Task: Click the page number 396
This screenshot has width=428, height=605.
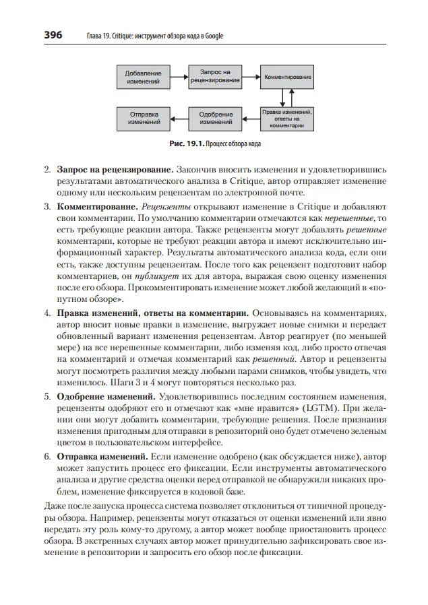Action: pyautogui.click(x=53, y=35)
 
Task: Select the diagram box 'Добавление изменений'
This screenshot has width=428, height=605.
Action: pyautogui.click(x=144, y=76)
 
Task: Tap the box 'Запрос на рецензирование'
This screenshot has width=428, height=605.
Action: pyautogui.click(x=216, y=76)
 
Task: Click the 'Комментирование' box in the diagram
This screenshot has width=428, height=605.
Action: pyautogui.click(x=287, y=77)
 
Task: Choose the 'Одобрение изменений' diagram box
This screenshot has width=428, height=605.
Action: pyautogui.click(x=216, y=119)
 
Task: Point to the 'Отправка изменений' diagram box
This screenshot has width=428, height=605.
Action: pyautogui.click(x=144, y=119)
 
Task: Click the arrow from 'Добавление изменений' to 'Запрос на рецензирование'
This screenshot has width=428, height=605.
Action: pyautogui.click(x=179, y=76)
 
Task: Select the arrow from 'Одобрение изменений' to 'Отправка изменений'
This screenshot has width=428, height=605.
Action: pyautogui.click(x=179, y=119)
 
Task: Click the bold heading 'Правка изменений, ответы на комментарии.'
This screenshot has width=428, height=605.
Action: pyautogui.click(x=153, y=315)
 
